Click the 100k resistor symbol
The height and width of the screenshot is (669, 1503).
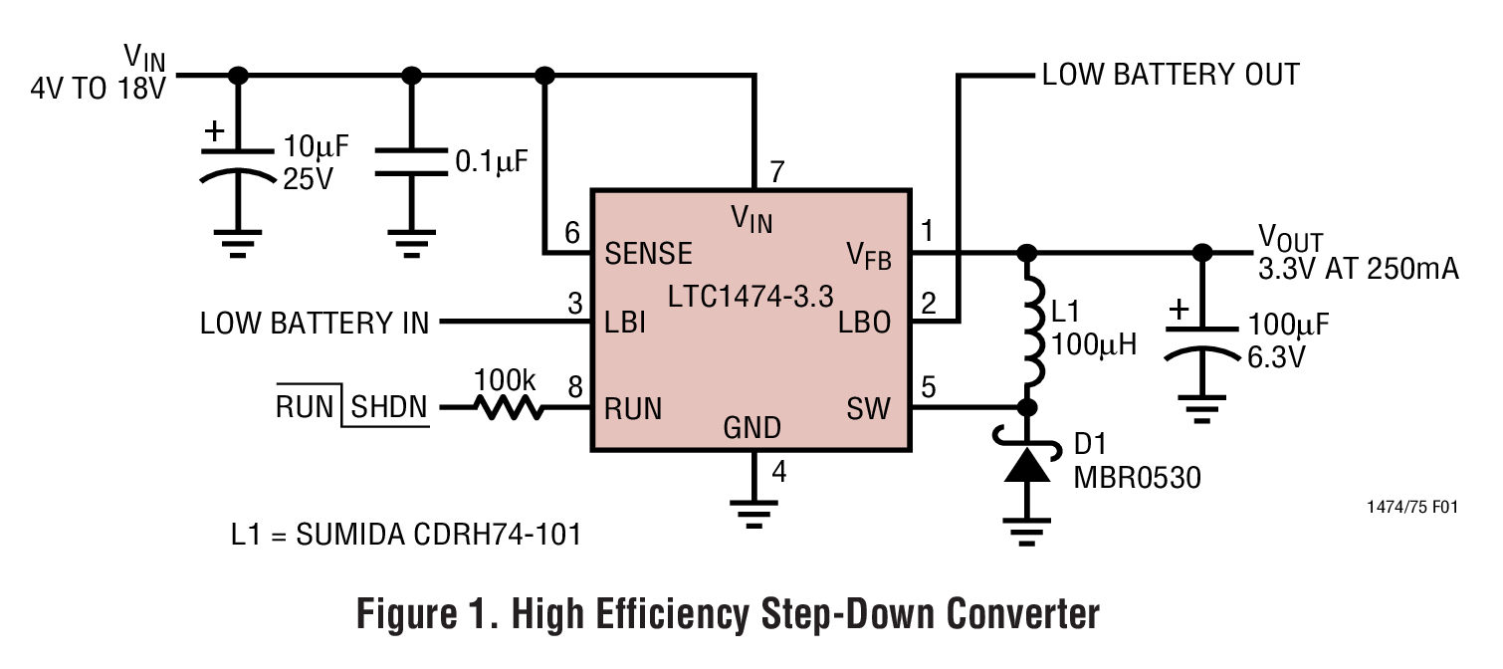tap(508, 407)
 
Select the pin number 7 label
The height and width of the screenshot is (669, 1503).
tap(777, 171)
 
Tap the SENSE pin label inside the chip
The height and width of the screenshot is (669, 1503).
tap(648, 253)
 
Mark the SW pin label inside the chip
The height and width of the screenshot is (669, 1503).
tap(869, 408)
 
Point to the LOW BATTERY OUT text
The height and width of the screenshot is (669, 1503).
tap(1170, 75)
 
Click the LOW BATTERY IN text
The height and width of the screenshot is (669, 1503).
tap(315, 323)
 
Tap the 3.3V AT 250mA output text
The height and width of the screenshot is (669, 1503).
tap(1359, 268)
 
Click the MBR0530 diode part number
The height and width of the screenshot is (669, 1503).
tap(1137, 478)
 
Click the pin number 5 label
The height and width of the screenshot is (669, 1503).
tap(929, 385)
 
